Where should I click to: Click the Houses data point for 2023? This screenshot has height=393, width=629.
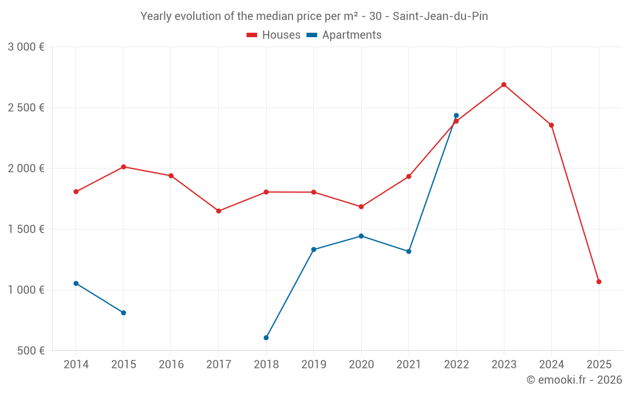point(504,85)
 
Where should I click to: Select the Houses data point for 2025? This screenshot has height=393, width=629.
point(599,282)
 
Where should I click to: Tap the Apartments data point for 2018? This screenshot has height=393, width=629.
point(266,338)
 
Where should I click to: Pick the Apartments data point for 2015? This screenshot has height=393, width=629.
point(123,313)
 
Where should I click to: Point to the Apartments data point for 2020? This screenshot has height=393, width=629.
point(361,236)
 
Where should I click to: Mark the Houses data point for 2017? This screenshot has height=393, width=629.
point(219,211)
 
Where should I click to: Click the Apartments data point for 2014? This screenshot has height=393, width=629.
point(76,284)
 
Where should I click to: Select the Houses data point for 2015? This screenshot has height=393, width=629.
point(123,167)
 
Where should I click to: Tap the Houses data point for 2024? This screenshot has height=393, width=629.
point(552,125)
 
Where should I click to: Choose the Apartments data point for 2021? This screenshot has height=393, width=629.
point(409,252)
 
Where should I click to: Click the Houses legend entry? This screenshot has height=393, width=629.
point(274,35)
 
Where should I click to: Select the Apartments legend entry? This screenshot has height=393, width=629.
point(344,35)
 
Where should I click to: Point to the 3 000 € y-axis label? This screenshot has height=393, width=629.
point(26,47)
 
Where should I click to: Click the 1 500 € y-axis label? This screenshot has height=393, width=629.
point(26,229)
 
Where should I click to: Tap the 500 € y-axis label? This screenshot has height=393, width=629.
point(30,351)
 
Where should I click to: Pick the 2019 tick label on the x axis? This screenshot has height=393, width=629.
point(314,365)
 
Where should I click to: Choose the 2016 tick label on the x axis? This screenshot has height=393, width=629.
point(171,365)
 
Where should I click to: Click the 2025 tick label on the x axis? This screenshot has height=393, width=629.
point(599,365)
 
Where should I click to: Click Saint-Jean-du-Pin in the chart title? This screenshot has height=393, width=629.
point(440,16)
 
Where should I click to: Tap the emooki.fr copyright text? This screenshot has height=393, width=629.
point(574,380)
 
